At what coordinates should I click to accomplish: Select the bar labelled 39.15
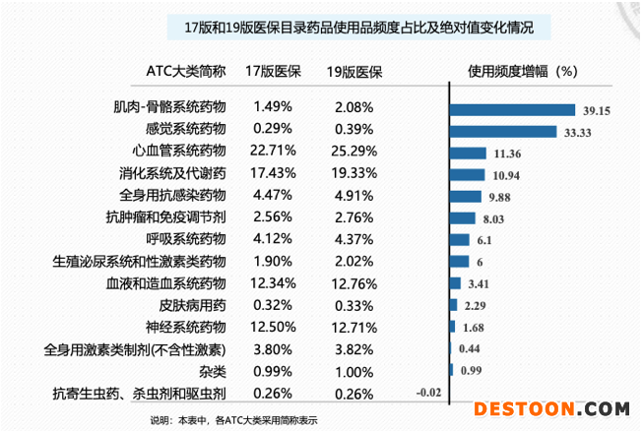point(512,110)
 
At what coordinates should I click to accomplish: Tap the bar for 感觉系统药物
point(503,132)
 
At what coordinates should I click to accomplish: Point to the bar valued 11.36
point(469,154)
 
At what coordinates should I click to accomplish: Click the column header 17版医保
point(273,71)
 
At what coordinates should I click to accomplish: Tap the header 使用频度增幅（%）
point(522,71)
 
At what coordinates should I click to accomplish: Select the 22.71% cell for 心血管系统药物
point(273,151)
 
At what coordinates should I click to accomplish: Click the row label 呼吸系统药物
point(186,238)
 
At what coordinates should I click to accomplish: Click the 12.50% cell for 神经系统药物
point(273,326)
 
